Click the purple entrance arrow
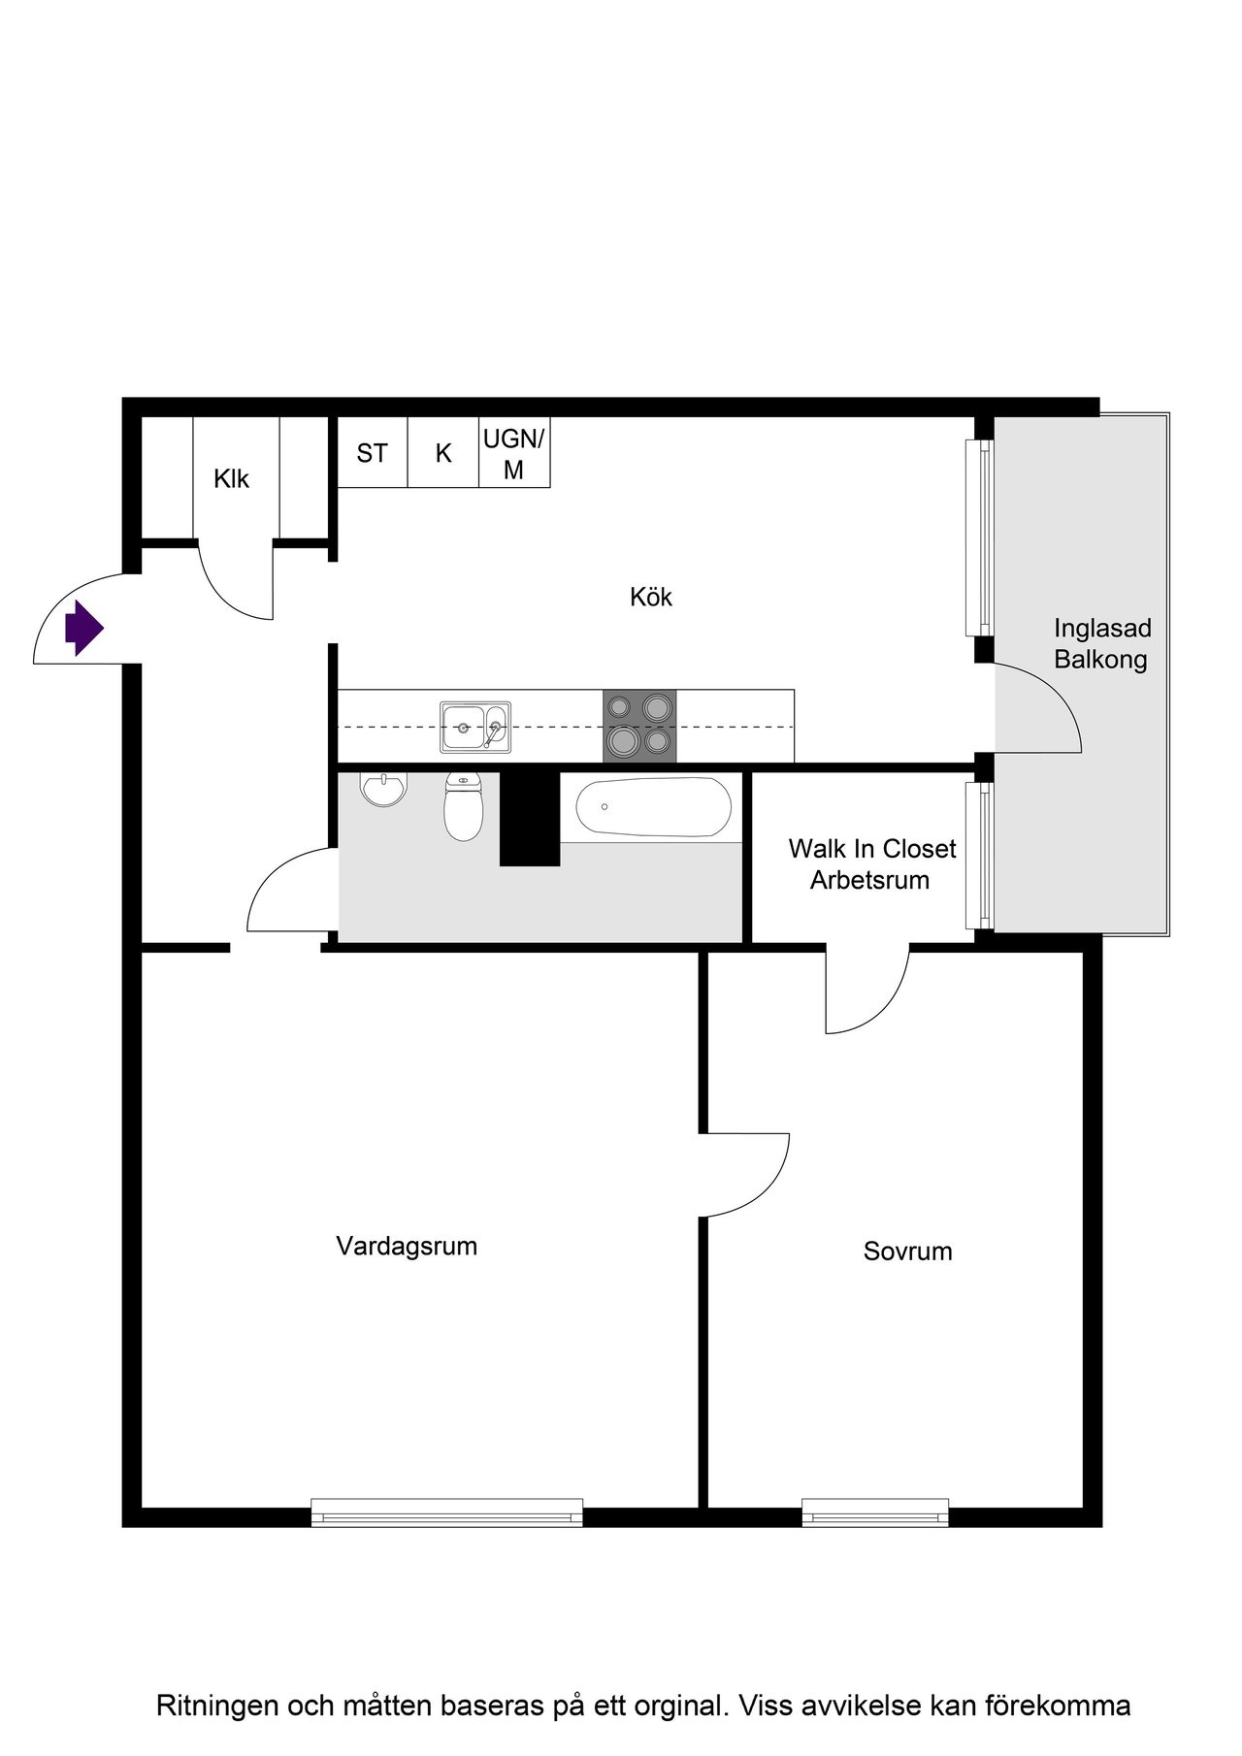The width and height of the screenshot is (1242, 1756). point(84,629)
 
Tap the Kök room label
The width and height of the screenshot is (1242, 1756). point(651,597)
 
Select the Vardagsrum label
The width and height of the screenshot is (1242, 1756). point(407,1247)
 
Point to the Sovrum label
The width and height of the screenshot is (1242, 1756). point(907,1252)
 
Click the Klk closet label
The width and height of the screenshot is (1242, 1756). point(232,479)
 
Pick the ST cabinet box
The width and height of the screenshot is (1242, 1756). point(373,452)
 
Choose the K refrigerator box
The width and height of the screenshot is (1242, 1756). point(443,452)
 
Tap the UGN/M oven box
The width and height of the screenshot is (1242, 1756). point(514,452)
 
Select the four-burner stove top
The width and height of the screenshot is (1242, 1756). point(639,726)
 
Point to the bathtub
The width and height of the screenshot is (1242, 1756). point(653,807)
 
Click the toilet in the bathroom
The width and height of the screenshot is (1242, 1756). point(464,806)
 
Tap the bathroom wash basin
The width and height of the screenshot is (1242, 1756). point(385,789)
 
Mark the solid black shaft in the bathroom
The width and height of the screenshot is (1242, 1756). point(530,815)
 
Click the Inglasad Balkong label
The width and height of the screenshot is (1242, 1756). point(1100,644)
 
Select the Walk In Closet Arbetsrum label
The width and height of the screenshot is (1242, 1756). point(871,864)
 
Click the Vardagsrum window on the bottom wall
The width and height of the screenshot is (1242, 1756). point(447,1512)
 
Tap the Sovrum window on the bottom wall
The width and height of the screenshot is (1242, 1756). point(875,1512)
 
